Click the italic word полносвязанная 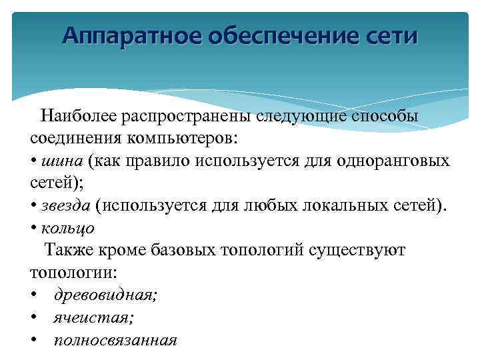[x=115, y=340]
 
